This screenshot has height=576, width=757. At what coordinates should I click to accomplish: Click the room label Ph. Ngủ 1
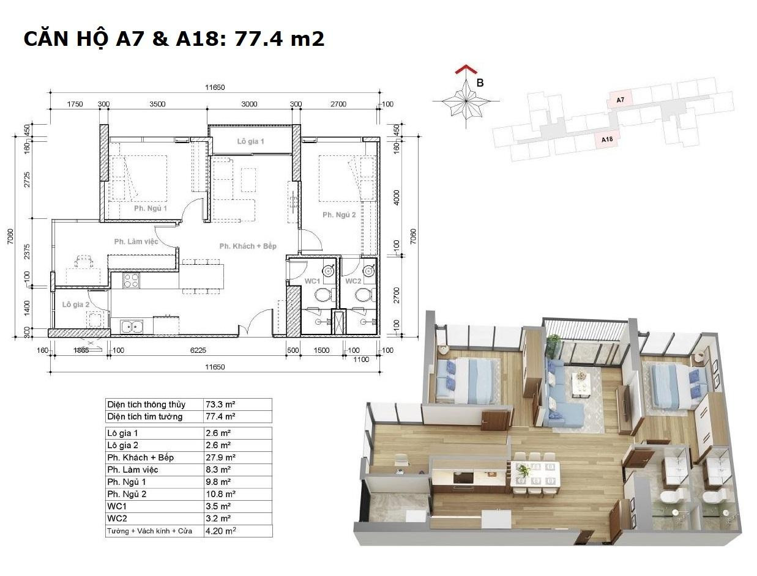tap(151, 209)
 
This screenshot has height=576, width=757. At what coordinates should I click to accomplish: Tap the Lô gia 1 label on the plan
tap(251, 141)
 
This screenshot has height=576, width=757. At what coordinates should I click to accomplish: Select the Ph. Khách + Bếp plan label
tap(248, 246)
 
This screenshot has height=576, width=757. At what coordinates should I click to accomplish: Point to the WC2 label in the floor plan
tap(353, 281)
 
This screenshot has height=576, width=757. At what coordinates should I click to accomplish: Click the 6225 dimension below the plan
tap(198, 350)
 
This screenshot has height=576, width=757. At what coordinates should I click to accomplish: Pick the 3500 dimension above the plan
tap(157, 104)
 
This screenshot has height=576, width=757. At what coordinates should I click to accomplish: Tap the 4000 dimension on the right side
tap(397, 198)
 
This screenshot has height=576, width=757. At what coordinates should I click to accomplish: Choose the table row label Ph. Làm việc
tap(133, 470)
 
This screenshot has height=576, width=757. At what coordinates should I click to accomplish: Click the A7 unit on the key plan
tap(620, 100)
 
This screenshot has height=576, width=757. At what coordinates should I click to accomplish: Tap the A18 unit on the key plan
tap(607, 139)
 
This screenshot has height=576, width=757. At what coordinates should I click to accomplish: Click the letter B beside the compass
tap(480, 83)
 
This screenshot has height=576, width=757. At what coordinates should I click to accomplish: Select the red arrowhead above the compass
tap(466, 69)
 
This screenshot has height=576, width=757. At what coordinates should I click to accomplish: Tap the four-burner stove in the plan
tap(131, 280)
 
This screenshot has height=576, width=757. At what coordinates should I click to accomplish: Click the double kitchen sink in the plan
tap(132, 327)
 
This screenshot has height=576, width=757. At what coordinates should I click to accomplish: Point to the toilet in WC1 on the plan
tap(324, 295)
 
